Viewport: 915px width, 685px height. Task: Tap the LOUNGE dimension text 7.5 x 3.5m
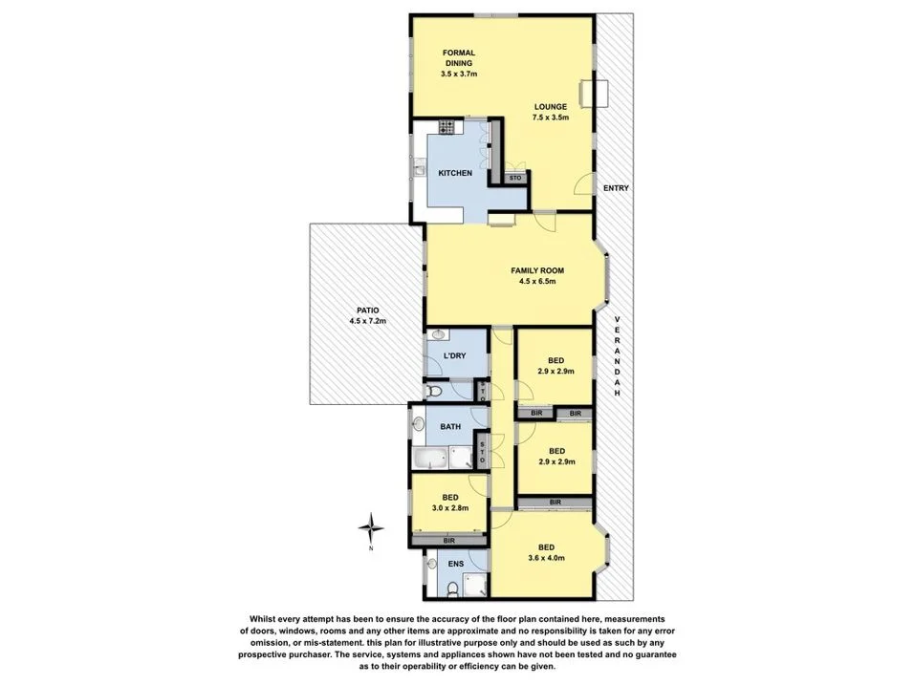coord(550,118)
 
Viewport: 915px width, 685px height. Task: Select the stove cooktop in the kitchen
coord(446,127)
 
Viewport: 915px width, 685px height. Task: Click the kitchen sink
coord(420,170)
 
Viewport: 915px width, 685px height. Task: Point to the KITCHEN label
coord(454,173)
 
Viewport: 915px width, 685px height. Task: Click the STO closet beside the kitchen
coord(514,178)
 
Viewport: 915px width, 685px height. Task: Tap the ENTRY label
coord(616,188)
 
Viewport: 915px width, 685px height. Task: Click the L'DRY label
coord(455,357)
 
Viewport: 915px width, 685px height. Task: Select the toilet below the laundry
coord(432,392)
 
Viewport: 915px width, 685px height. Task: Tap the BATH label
coord(451,426)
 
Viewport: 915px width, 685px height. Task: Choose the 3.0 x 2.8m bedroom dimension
coord(449,509)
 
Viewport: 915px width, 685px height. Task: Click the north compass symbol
coord(372,527)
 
